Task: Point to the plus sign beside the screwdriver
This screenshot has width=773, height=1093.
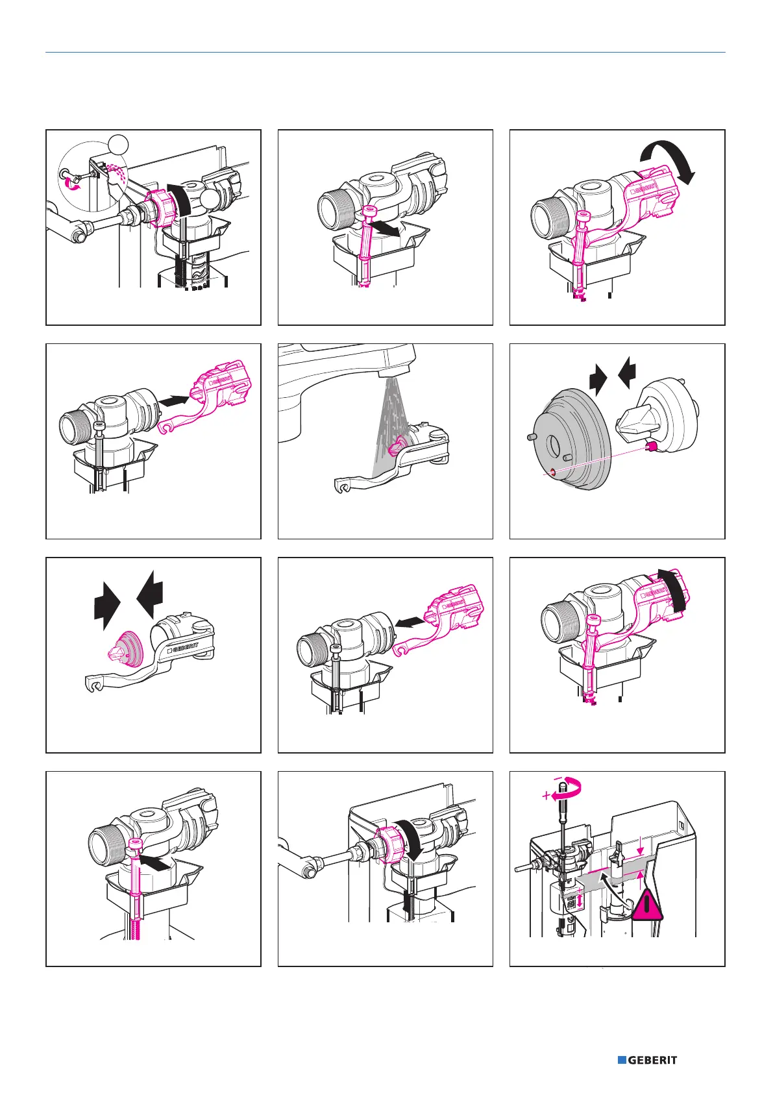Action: coord(546,796)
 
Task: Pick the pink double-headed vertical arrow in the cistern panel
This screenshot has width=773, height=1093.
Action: coord(579,900)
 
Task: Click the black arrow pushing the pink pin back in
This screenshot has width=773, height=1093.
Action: coord(156,863)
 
